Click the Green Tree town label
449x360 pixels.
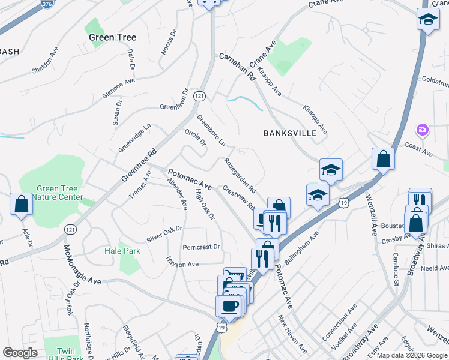click(x=112, y=37)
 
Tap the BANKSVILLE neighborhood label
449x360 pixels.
click(x=289, y=133)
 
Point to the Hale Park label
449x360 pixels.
click(x=122, y=251)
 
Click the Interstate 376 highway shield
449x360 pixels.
click(x=46, y=3)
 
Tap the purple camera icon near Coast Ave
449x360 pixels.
click(x=423, y=130)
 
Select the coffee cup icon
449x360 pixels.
click(x=228, y=306)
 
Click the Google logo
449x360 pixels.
click(x=20, y=353)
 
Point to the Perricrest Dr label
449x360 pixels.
click(x=202, y=247)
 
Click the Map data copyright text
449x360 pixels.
click(x=412, y=355)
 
